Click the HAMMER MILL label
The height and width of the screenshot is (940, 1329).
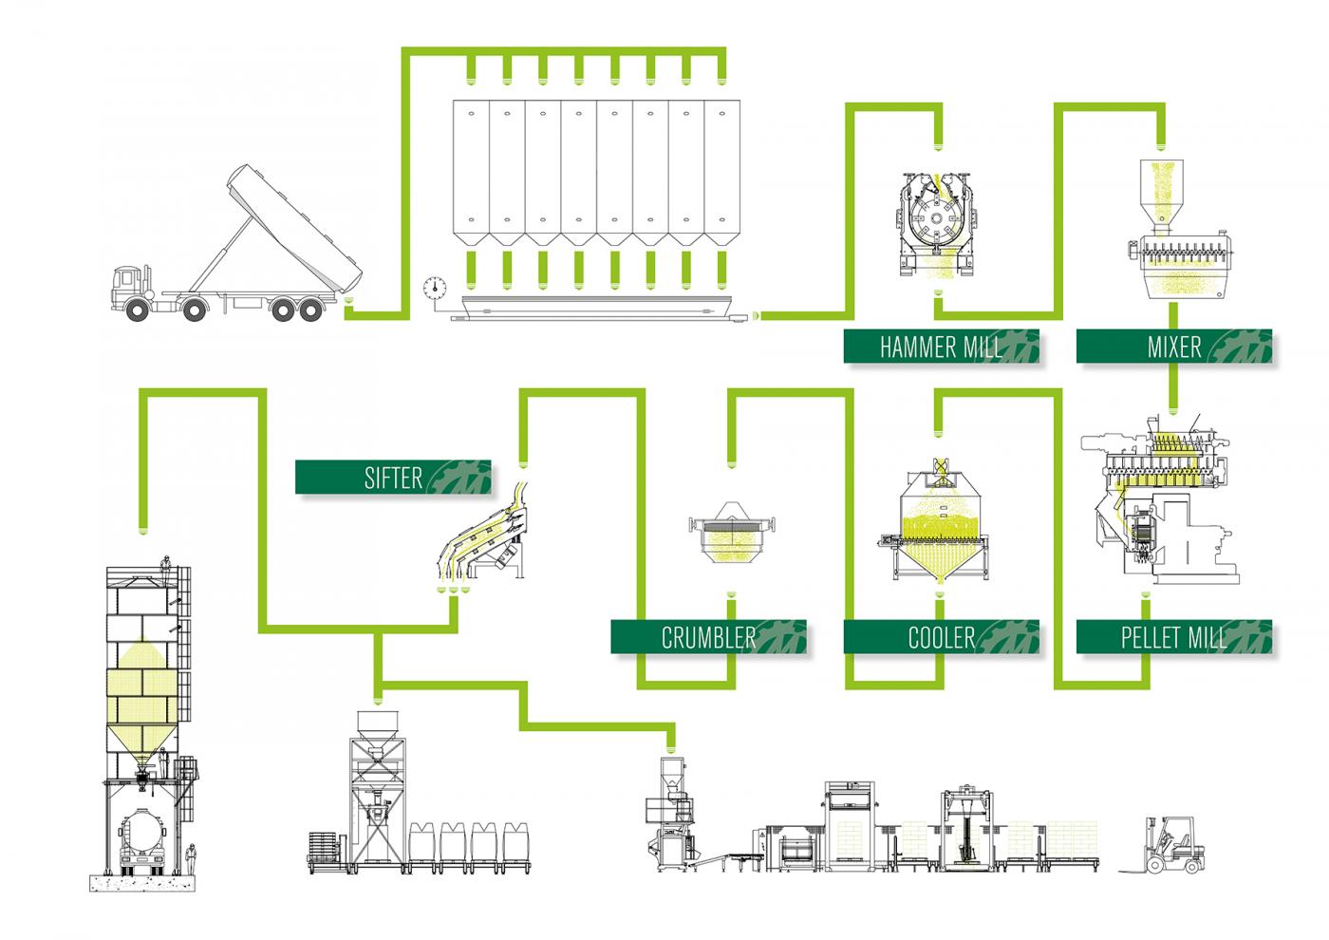coord(940,347)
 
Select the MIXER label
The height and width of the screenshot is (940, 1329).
coord(1173,347)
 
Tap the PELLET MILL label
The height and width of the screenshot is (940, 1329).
coord(1173,636)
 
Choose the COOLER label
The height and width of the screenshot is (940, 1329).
coord(940,636)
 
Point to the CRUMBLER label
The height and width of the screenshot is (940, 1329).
coord(708,636)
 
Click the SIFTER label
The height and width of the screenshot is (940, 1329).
coord(393,477)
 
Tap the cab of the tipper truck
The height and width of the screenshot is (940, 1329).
coord(130,289)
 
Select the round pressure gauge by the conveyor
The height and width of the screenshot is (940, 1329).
coord(436,285)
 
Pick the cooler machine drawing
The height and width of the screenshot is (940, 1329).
coord(938,527)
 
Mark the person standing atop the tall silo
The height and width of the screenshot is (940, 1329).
coord(166,568)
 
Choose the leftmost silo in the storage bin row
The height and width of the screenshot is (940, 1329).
coord(471,171)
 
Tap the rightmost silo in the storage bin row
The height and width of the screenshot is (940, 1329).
coord(721,171)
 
